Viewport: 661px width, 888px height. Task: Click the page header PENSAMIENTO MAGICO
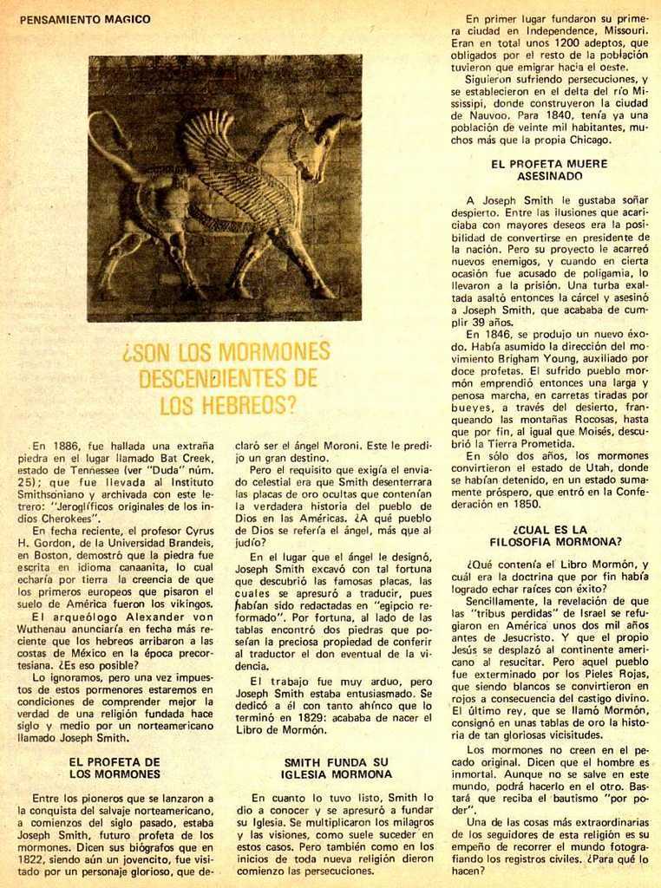(84, 19)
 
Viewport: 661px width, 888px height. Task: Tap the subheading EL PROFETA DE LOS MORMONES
(115, 767)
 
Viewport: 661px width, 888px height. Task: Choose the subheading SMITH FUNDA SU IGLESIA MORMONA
(337, 767)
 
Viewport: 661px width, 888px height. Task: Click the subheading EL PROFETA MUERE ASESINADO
(548, 168)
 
